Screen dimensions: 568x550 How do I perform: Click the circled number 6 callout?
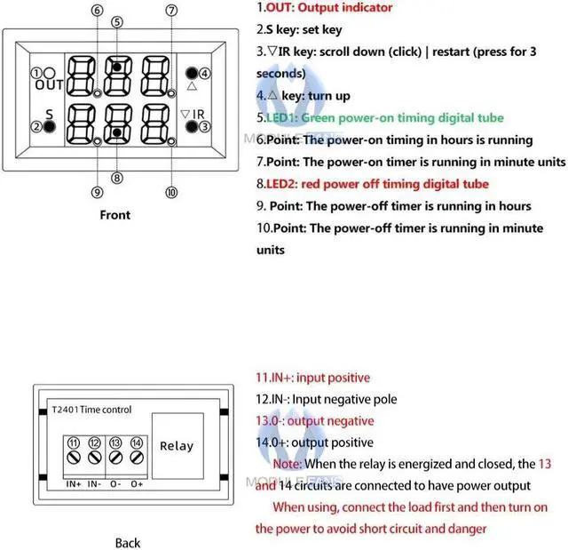tap(97, 10)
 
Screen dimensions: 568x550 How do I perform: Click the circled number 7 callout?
tap(171, 10)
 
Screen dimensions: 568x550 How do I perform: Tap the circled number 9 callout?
tap(97, 191)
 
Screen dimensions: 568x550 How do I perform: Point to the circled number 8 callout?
tap(116, 177)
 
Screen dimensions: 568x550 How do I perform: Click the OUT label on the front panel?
tap(50, 85)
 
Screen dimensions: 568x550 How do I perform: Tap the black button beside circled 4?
tap(191, 73)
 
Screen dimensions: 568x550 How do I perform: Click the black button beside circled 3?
tap(191, 127)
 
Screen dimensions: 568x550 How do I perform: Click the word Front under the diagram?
tap(114, 214)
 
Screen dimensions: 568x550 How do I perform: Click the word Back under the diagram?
tap(128, 542)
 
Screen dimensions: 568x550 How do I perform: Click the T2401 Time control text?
tap(91, 410)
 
